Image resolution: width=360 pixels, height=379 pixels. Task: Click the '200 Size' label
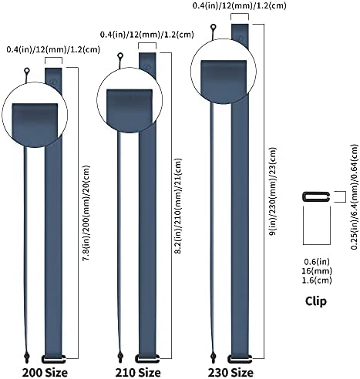[x=45, y=373]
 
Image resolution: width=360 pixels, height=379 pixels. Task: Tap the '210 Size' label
[x=138, y=373]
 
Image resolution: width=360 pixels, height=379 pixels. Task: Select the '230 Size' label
[x=230, y=373]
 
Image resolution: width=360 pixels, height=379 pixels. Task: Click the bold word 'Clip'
[x=316, y=301]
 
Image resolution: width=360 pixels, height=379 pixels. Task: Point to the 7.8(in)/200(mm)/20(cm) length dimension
[x=86, y=213]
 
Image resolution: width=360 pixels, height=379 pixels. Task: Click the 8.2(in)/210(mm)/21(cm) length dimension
[x=178, y=206]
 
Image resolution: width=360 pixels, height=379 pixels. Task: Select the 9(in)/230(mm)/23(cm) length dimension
[x=272, y=191]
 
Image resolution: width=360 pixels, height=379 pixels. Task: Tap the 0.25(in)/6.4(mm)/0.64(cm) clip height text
[x=355, y=196]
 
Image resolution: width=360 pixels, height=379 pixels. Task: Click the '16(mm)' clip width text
[x=318, y=271]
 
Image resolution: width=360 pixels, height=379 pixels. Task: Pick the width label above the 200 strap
[x=53, y=49]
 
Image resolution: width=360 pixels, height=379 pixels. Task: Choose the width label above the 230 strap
[x=240, y=5]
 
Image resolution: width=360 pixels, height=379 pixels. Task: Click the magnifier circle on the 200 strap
[x=35, y=115]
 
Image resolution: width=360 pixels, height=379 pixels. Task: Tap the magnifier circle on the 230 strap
[x=224, y=71]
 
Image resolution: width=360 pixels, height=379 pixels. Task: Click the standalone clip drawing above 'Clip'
[x=316, y=196]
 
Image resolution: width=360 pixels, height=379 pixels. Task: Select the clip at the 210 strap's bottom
[x=147, y=358]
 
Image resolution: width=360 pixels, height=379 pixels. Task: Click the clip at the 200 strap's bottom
[x=54, y=359]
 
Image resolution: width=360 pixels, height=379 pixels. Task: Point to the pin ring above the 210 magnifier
[x=120, y=55]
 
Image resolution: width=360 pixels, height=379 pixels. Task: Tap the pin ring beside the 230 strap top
[x=213, y=27]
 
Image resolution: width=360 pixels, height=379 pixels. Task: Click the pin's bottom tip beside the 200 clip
[x=27, y=363]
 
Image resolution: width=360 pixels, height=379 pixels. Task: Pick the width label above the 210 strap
[x=147, y=35]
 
